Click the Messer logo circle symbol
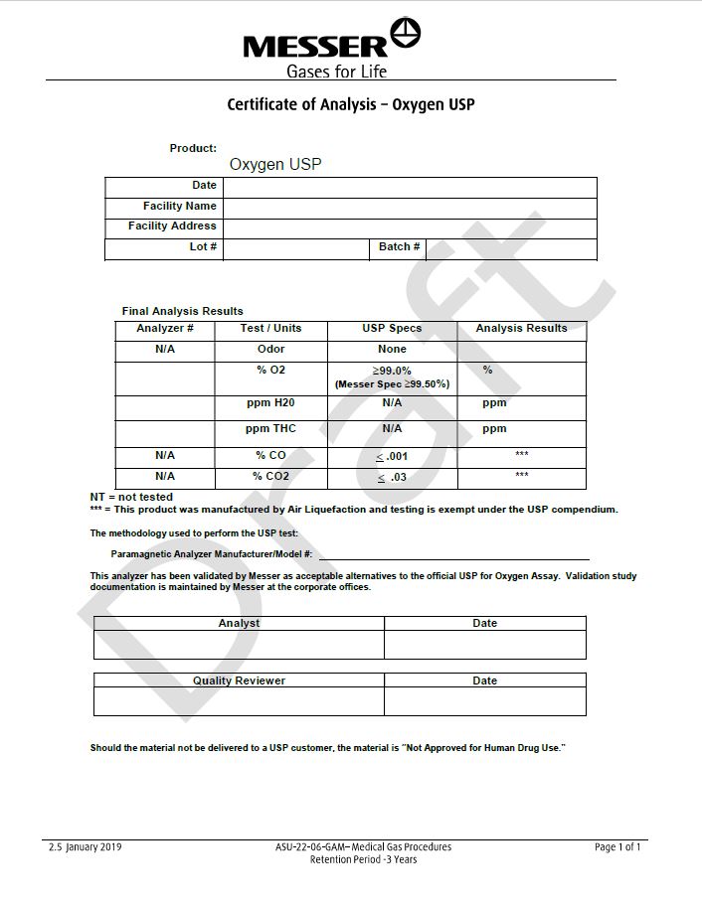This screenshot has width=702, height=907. (x=406, y=35)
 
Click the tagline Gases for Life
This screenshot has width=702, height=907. (x=336, y=71)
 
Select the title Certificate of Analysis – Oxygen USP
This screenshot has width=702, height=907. (x=351, y=103)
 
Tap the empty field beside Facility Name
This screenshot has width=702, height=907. (x=410, y=207)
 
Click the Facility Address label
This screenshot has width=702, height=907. (x=172, y=226)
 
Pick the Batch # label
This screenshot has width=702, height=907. (x=400, y=246)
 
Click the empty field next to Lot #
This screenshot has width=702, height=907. (x=295, y=248)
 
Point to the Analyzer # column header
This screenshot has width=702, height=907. (x=165, y=328)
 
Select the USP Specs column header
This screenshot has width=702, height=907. (x=392, y=328)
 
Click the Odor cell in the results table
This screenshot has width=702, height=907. (x=270, y=349)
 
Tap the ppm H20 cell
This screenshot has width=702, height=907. (x=270, y=402)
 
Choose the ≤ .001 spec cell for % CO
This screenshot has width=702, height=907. (x=392, y=456)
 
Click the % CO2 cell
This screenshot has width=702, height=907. (x=270, y=477)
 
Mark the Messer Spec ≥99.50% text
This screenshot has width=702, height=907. (x=392, y=383)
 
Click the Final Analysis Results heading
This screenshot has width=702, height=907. (x=182, y=311)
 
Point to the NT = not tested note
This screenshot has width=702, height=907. (x=131, y=497)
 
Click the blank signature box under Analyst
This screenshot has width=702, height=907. (x=239, y=645)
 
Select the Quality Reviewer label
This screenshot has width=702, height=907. (x=239, y=680)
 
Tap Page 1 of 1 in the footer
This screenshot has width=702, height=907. (x=617, y=847)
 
